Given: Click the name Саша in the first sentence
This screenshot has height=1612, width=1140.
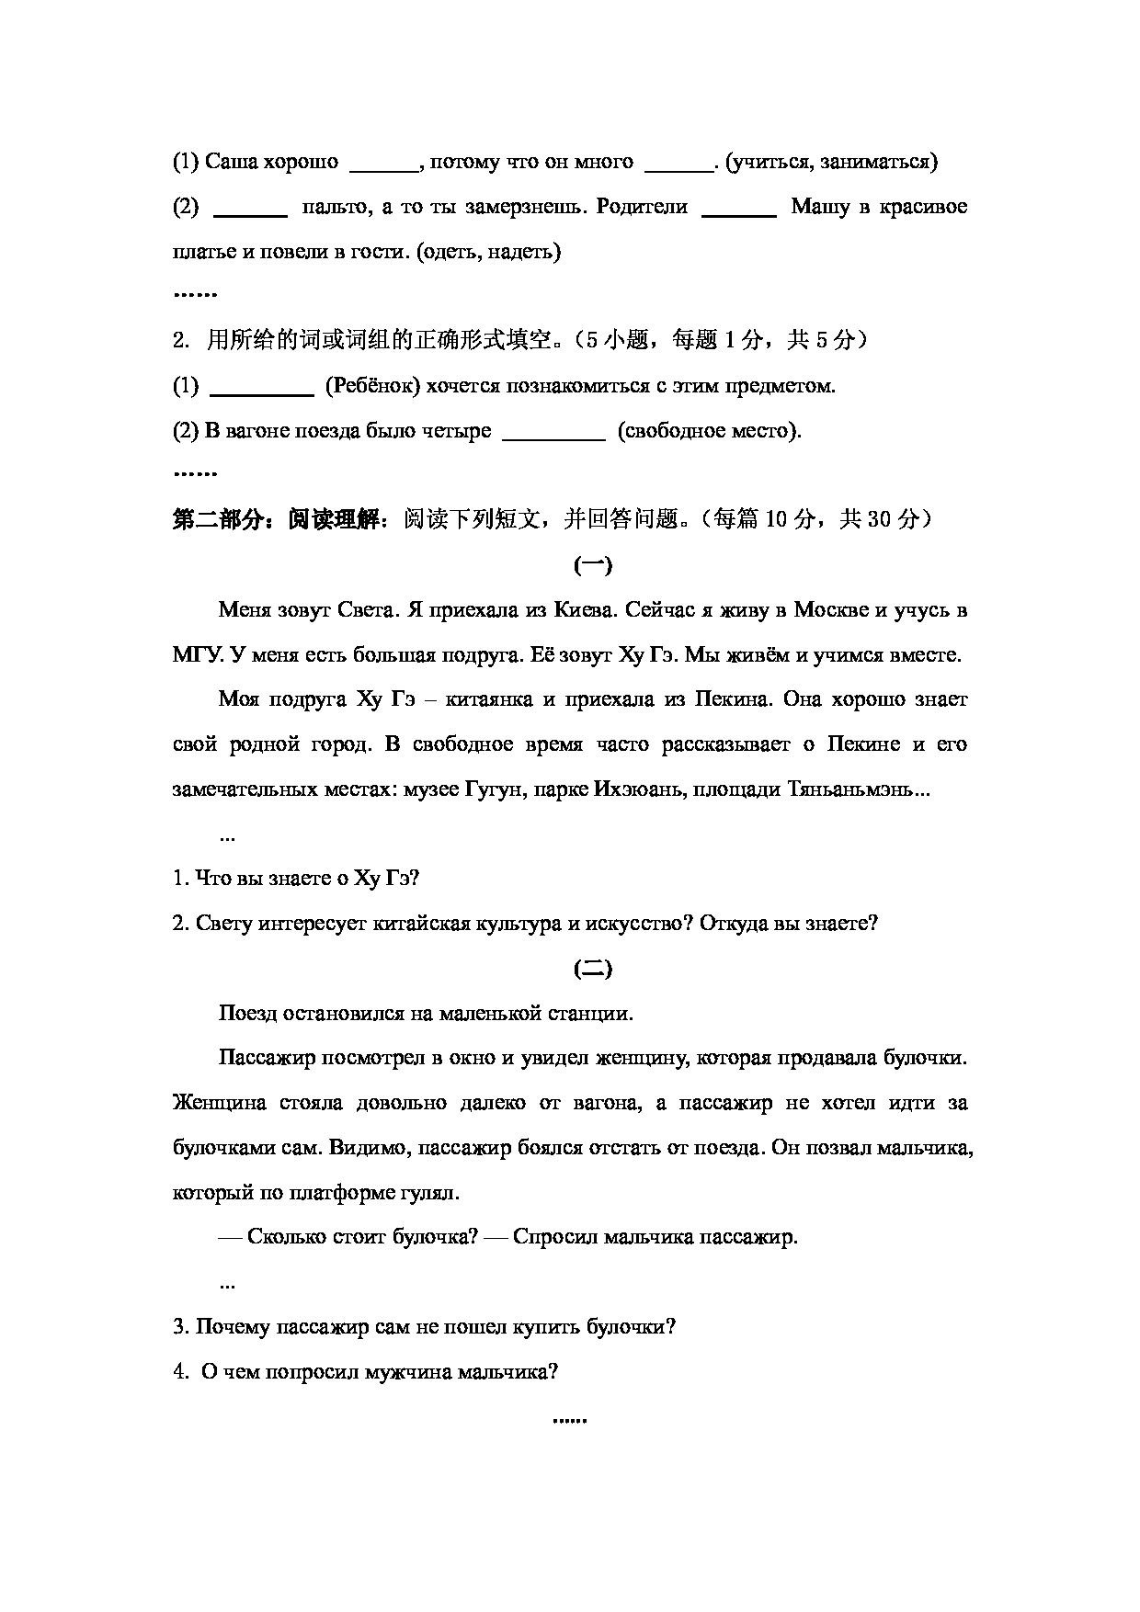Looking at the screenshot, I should tap(230, 163).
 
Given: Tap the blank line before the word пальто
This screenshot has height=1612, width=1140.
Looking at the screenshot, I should tap(250, 209).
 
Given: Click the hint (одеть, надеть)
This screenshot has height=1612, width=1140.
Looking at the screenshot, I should tap(488, 252).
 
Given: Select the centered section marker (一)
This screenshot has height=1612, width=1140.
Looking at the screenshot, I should tap(592, 566).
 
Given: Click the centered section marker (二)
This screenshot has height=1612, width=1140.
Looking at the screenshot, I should tap(592, 969).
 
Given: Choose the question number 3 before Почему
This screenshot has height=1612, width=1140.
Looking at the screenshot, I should tap(177, 1327).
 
